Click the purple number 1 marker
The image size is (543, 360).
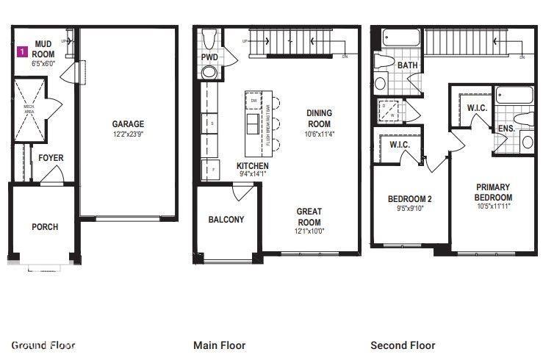coord(23,52)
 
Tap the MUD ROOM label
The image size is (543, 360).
coord(43,48)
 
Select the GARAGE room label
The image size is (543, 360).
coord(128,124)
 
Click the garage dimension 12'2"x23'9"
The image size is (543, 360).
coord(128,134)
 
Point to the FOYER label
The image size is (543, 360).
coord(51,158)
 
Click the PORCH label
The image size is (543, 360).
coord(44,226)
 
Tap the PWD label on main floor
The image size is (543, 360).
coord(209,57)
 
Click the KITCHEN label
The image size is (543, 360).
coord(252,166)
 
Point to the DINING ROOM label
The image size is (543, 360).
coord(319,118)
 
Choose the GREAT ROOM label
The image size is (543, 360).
coord(309,217)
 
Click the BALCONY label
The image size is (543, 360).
coord(226,220)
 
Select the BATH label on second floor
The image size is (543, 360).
coord(406,65)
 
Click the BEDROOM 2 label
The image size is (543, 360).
coord(409,198)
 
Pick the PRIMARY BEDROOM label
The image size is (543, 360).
coord(493,192)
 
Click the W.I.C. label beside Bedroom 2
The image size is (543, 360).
coord(400,145)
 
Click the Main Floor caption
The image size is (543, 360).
coord(219,345)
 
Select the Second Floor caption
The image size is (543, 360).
coord(403,345)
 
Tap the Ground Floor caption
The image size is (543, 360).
coord(43,345)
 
